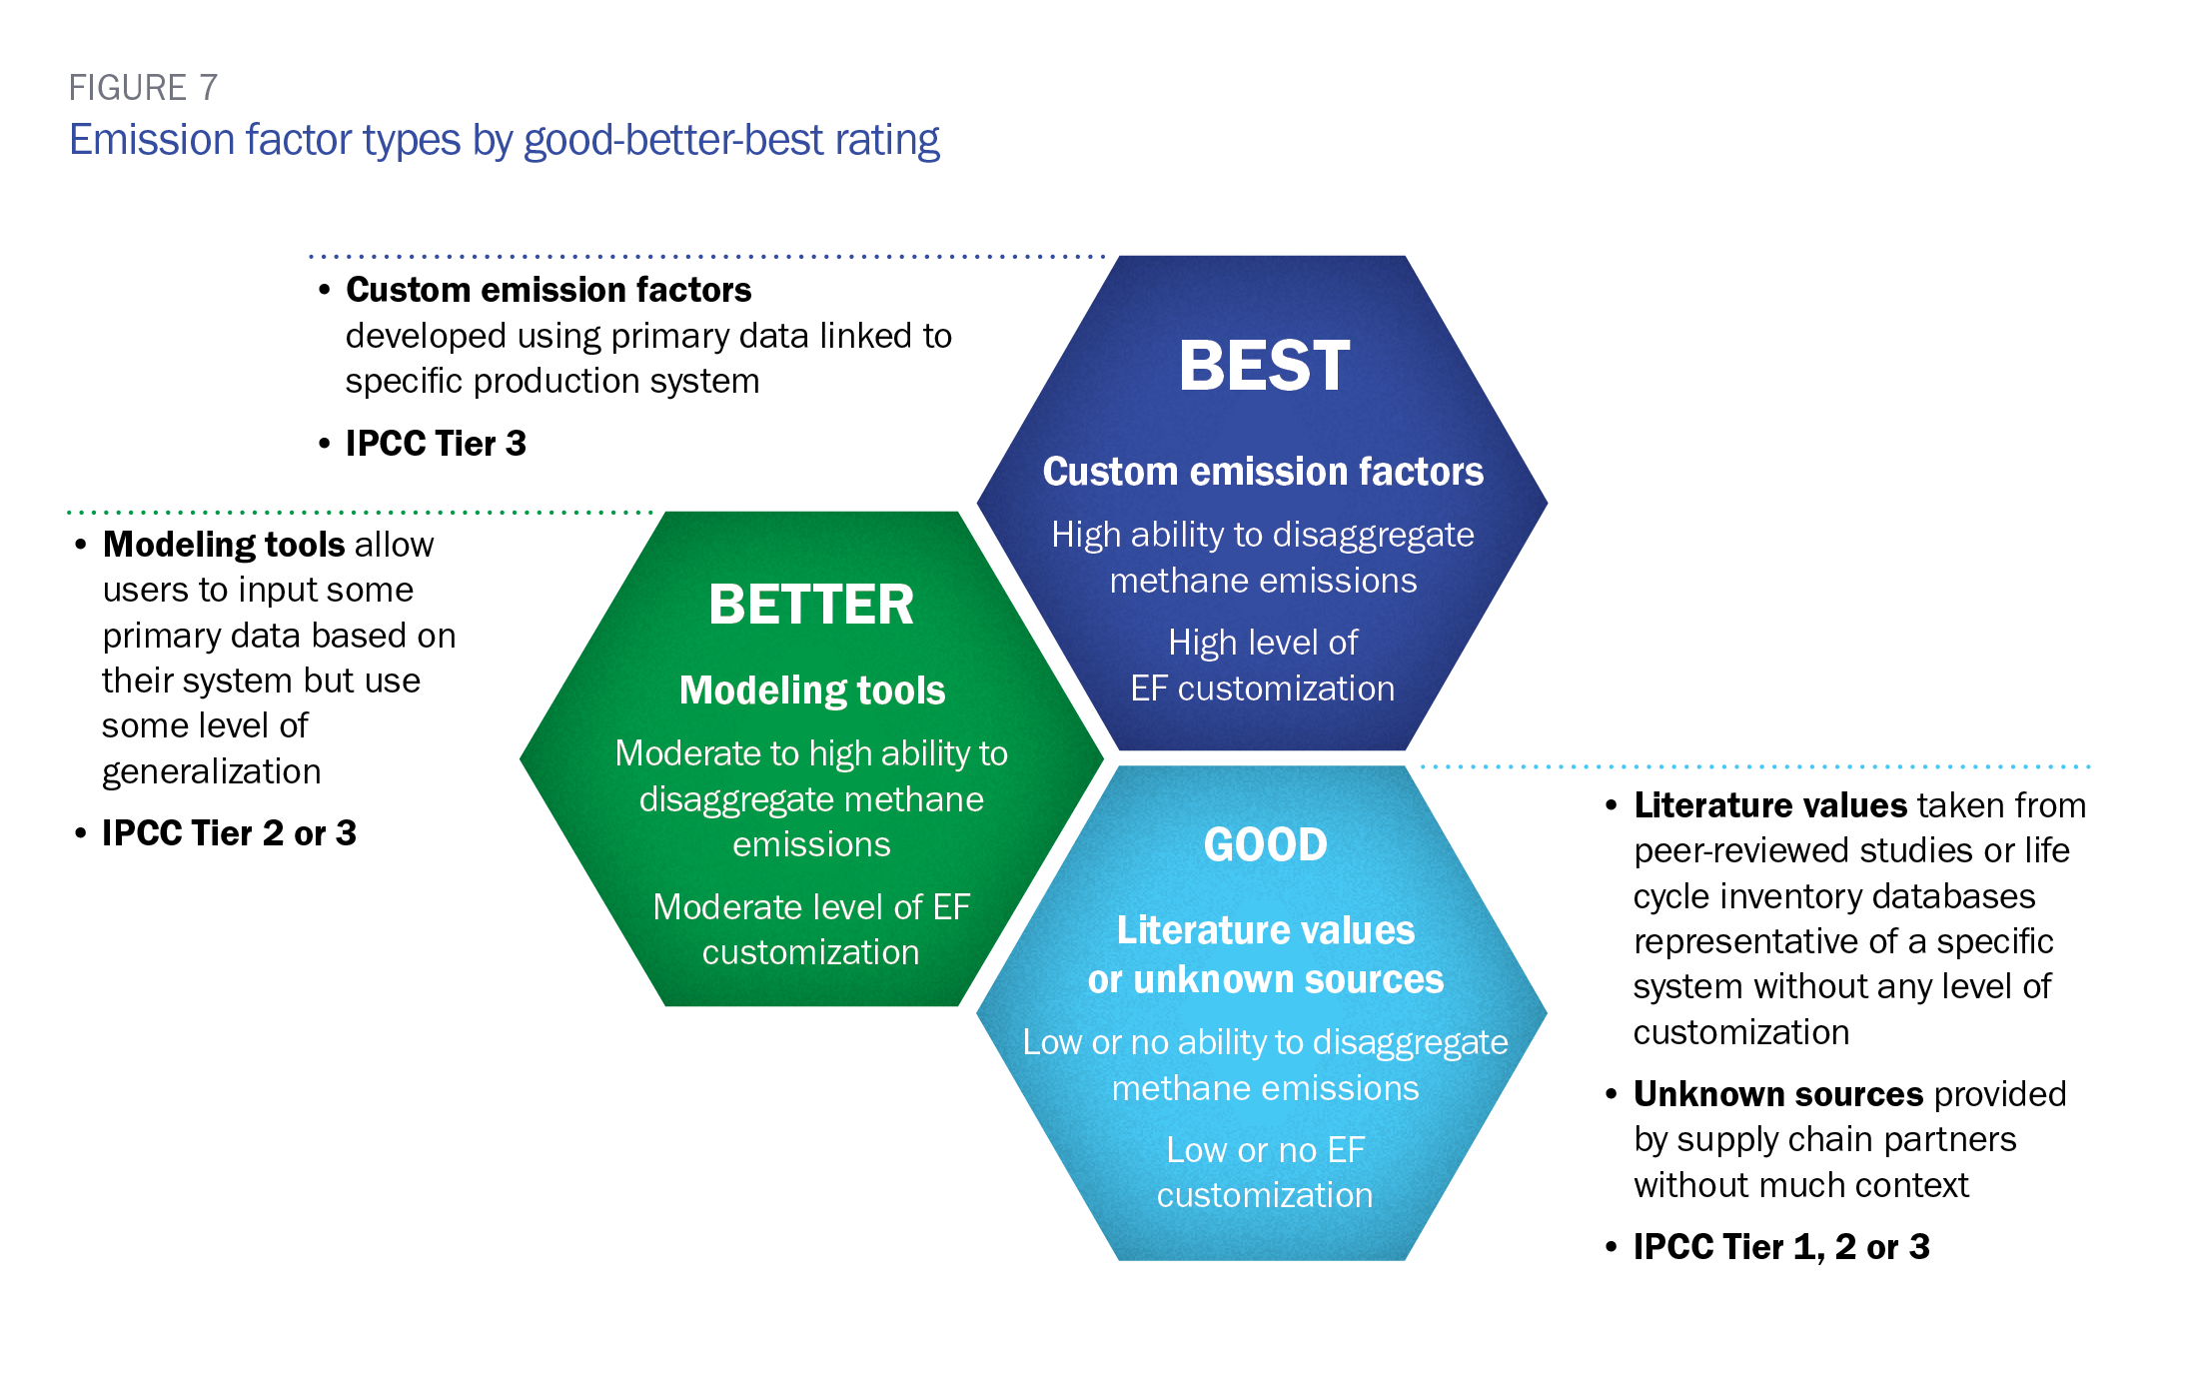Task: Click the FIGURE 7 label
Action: pos(143,88)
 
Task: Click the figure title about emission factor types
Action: pos(505,140)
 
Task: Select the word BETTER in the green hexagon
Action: pos(811,605)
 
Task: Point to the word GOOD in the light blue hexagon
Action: pos(1266,845)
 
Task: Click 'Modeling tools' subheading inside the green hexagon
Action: pos(812,690)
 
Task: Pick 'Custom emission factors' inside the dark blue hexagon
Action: pos(1264,472)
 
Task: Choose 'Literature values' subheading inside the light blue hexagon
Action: pos(1266,930)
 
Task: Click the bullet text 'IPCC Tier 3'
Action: pos(436,444)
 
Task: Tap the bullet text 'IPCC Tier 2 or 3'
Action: pos(229,833)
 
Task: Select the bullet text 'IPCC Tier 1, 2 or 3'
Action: pos(1781,1247)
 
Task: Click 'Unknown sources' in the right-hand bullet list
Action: pos(1778,1094)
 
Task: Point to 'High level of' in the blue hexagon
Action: pos(1263,643)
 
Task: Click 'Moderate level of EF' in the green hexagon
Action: pos(811,907)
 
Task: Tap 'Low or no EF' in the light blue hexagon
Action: pos(1266,1150)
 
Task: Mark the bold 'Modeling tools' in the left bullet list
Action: pos(224,545)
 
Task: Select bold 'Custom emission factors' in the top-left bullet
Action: pos(548,290)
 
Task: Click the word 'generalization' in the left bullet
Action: pos(212,772)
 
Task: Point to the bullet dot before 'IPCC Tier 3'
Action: pos(324,444)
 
